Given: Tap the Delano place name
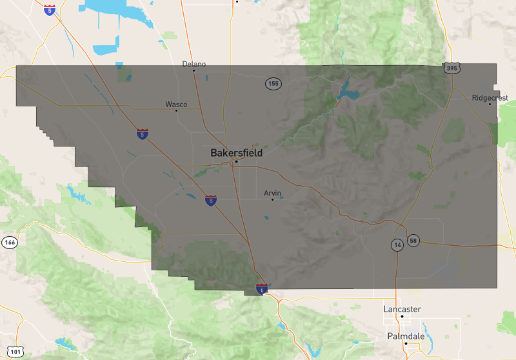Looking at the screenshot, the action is (193, 64).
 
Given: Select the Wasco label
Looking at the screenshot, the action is (176, 104).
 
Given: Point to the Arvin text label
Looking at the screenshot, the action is (273, 193).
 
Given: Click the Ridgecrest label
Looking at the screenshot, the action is (490, 98).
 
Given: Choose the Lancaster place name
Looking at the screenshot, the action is (402, 310).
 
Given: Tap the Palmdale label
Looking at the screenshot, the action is (406, 336).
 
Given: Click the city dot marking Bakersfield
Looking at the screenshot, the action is (236, 161).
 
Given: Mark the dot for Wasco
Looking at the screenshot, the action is (176, 110).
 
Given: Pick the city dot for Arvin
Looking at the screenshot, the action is (272, 199).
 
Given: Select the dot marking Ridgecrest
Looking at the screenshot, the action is (490, 104).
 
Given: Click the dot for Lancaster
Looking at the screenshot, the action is (402, 316).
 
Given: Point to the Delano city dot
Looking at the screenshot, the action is (193, 70).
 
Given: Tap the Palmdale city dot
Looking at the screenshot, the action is (406, 343).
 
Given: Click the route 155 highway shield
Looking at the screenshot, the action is (273, 84).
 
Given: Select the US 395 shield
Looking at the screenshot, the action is (451, 67).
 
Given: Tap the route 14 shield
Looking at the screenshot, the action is (397, 245).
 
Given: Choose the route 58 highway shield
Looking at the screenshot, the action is (413, 241).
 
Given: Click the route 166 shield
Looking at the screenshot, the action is (9, 243).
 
